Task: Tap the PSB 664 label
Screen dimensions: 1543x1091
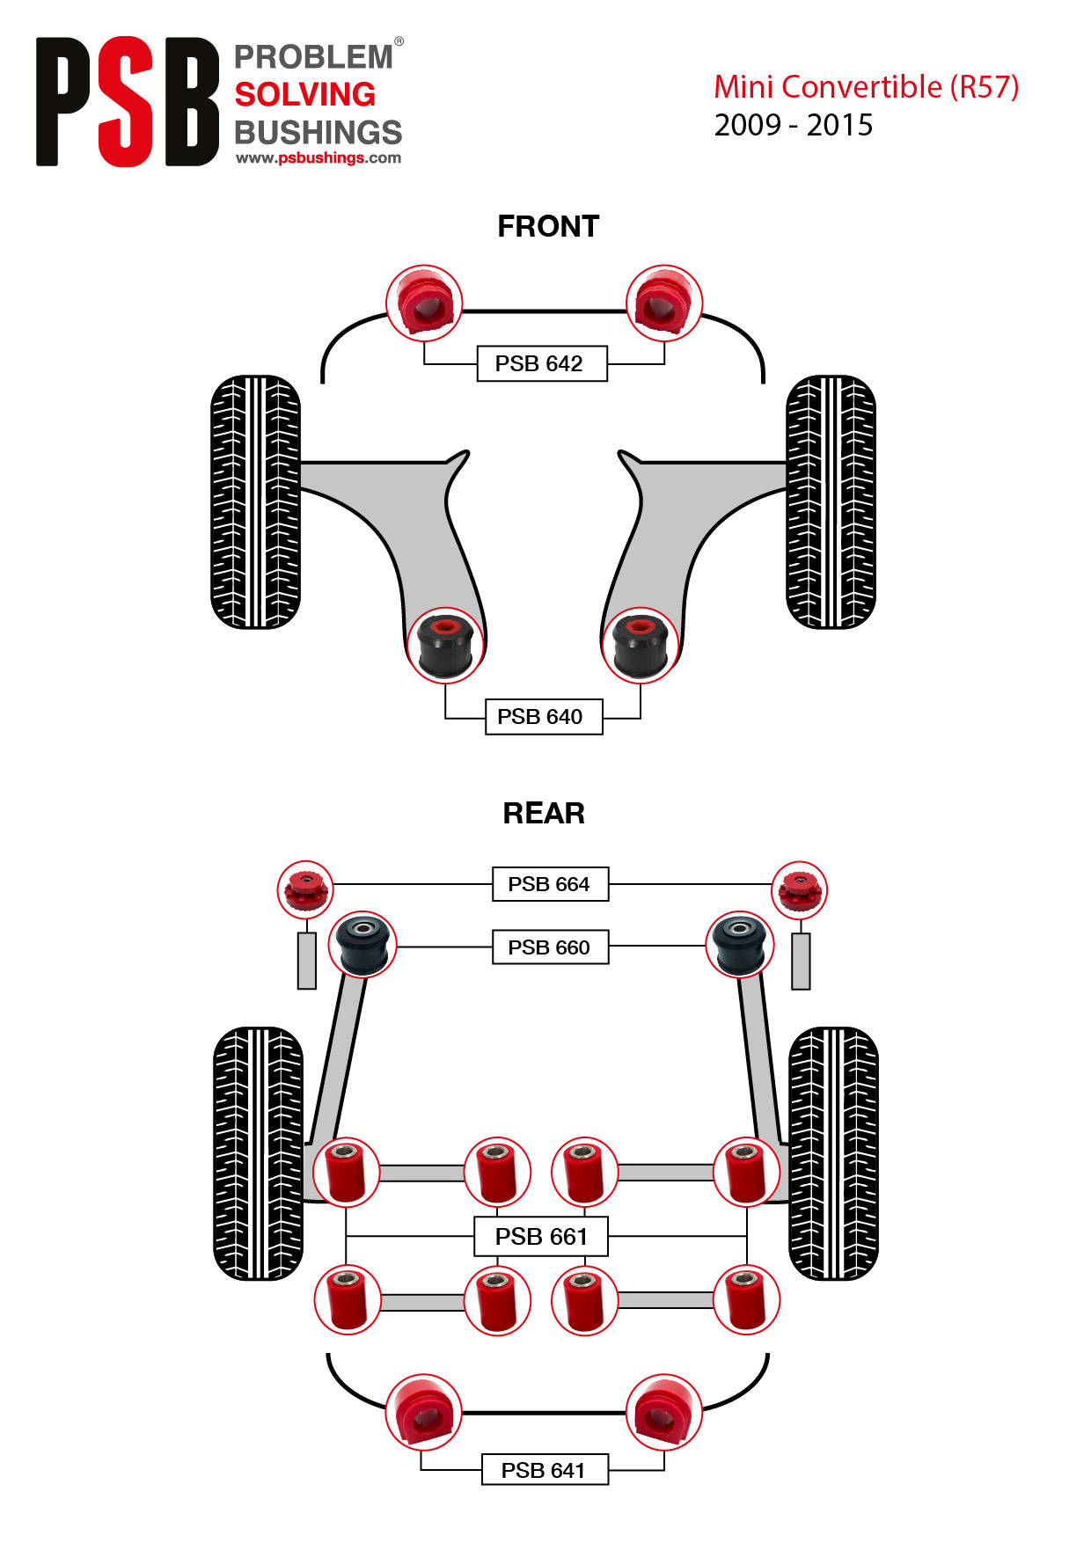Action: coord(550,884)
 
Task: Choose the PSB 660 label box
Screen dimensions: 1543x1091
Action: coord(550,947)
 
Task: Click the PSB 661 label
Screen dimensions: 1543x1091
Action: coord(541,1237)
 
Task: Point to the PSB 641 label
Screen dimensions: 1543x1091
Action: coord(545,1470)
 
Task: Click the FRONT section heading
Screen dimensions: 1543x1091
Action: coord(548,227)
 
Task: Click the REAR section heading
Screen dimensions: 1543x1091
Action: coord(544,814)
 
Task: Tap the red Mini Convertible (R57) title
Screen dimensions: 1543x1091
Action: coord(866,87)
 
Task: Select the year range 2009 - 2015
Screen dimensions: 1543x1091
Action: coord(794,126)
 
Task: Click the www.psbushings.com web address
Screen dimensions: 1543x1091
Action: coord(319,158)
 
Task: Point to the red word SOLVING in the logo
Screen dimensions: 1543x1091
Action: coord(305,95)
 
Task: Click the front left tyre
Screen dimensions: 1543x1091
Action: coord(256,502)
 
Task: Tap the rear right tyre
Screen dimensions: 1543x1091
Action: coord(833,1153)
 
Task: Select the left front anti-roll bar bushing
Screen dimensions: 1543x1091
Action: coord(425,303)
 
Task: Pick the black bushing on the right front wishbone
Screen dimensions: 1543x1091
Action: coord(641,645)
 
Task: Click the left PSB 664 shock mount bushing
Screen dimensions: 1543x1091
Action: coord(305,889)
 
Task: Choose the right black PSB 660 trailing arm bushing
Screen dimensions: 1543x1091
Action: coord(740,945)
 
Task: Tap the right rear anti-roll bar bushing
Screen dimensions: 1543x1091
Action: coord(664,1412)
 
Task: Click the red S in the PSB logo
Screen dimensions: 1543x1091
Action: coord(126,101)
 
